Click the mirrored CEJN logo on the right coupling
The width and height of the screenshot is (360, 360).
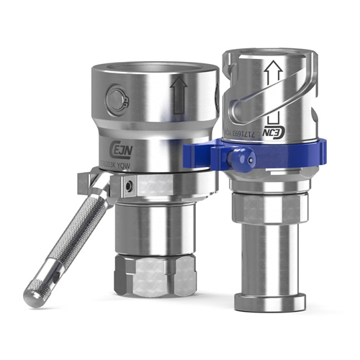click(x=279, y=133)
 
